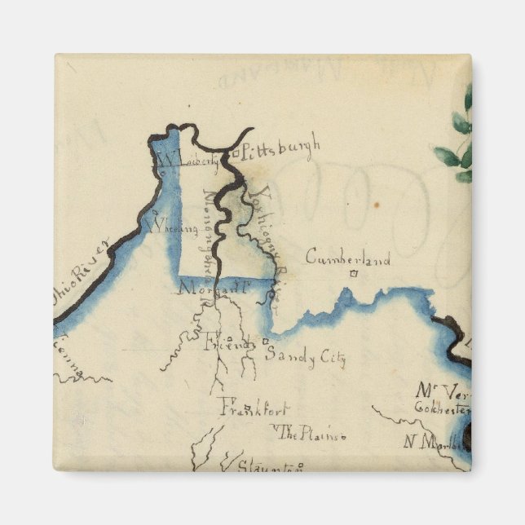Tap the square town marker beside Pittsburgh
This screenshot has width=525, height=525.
[x=235, y=152]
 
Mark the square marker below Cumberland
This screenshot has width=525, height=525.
[x=353, y=275]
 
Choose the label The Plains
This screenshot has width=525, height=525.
[x=314, y=435]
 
